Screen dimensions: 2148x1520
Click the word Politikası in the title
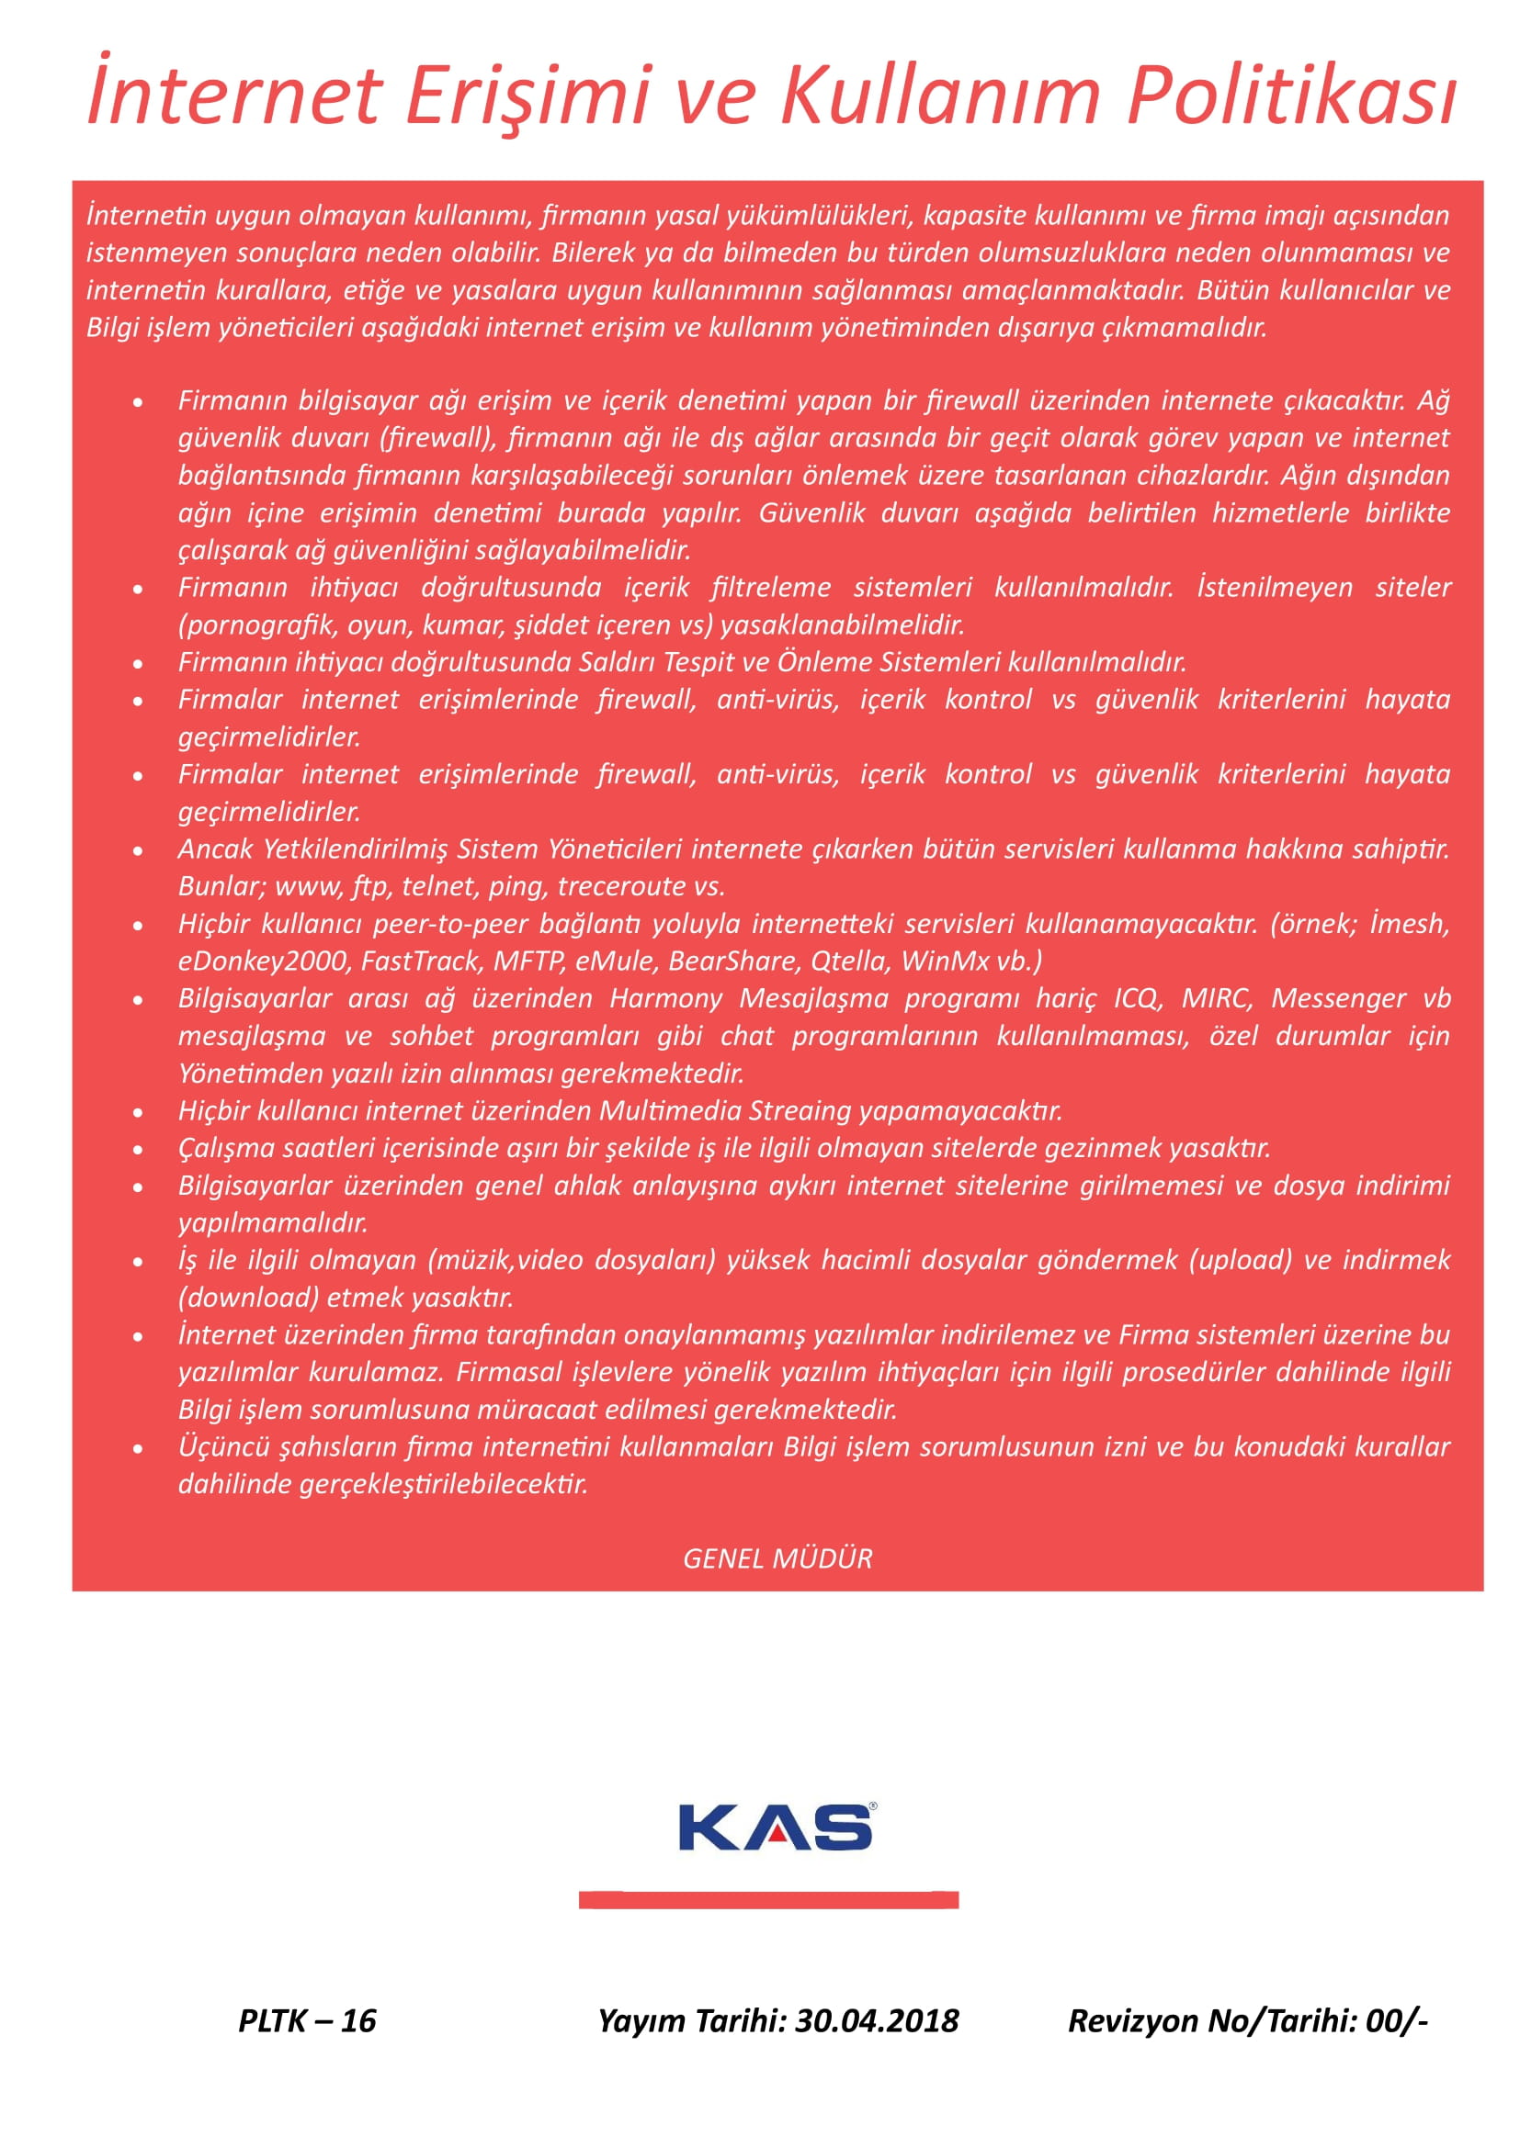1290,96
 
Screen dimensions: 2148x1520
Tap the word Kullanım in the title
939,96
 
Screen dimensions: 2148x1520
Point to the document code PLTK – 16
307,2020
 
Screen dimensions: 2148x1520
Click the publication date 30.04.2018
877,2020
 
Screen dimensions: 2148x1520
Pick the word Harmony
666,998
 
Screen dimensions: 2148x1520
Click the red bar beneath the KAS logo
768,1899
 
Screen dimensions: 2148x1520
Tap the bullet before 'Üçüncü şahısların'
139,1449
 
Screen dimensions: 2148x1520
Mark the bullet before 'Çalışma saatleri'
139,1150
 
